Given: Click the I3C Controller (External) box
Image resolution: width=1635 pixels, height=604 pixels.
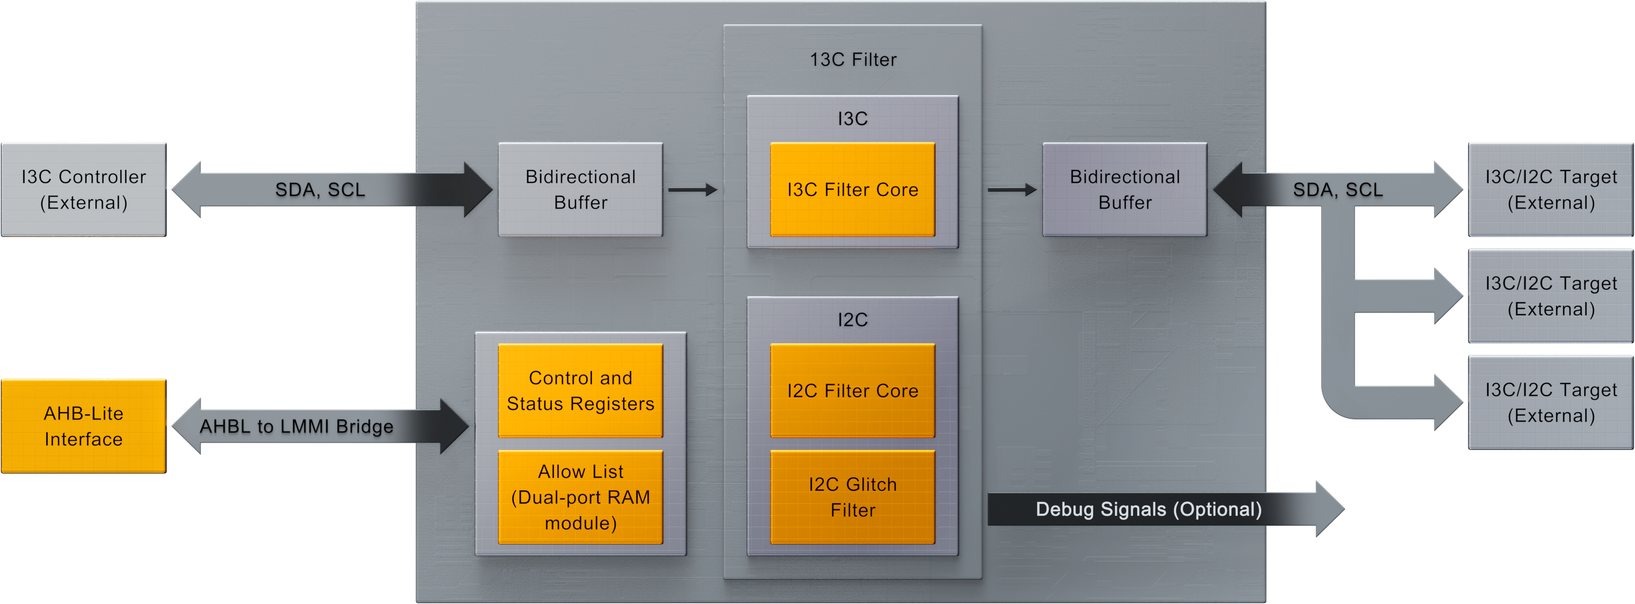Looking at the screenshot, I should point(83,189).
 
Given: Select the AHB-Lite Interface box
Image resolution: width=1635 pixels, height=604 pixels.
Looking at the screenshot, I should point(83,426).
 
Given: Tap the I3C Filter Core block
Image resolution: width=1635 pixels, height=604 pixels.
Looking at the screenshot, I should point(853,189).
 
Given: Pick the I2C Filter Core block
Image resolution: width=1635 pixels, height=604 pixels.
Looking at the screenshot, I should point(853,390).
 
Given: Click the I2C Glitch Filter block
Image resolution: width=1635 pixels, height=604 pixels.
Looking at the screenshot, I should point(853,497).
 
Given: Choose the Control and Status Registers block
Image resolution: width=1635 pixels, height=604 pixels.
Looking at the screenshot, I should point(580,390).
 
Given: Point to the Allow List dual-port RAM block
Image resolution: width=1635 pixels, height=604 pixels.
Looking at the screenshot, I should point(580,497).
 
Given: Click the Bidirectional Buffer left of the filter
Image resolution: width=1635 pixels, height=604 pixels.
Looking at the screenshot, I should point(580,189).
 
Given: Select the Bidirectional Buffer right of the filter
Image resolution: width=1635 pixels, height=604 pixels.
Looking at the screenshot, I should point(1124,189).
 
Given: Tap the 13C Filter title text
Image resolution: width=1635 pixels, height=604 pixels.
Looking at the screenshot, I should point(853,60).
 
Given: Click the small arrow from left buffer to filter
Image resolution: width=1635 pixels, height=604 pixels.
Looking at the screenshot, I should point(692,189).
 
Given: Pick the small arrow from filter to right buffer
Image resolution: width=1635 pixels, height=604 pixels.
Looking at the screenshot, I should point(1012,189).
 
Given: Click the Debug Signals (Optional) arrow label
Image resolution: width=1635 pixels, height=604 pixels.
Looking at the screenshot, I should point(1148,509).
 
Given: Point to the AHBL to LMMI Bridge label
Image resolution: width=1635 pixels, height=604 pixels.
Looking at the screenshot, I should point(297,426).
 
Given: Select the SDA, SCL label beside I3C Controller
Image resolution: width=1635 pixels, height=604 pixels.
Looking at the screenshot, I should point(320,189).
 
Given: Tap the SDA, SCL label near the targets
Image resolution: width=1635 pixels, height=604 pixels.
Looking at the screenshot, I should point(1337,189).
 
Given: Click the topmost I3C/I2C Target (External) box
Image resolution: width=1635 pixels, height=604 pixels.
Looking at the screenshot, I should point(1550,189).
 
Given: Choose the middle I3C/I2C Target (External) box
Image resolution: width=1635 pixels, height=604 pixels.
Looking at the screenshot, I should point(1550,296).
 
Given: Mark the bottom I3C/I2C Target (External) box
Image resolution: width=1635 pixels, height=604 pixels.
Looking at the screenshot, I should point(1550,402).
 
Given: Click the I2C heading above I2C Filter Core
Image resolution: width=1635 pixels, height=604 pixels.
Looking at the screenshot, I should point(853,319).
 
